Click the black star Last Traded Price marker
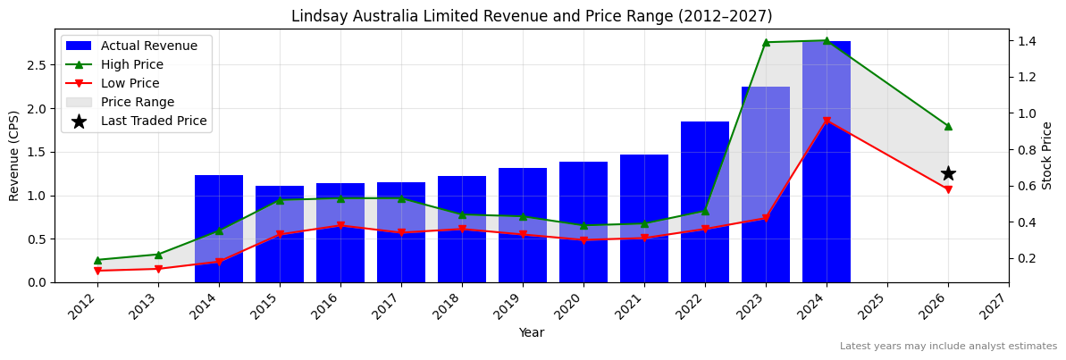(x=948, y=173)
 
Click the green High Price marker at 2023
(x=766, y=42)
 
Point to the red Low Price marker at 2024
(x=827, y=121)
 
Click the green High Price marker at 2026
(x=948, y=126)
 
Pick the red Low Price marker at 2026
(x=948, y=189)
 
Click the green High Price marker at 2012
(x=97, y=260)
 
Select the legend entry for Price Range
(x=137, y=102)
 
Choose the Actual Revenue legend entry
(x=137, y=46)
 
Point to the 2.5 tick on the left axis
(x=36, y=65)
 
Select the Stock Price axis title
(x=1047, y=155)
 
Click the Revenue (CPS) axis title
(x=14, y=155)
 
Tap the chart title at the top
(x=532, y=16)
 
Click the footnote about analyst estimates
(x=948, y=347)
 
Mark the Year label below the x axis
(x=532, y=332)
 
